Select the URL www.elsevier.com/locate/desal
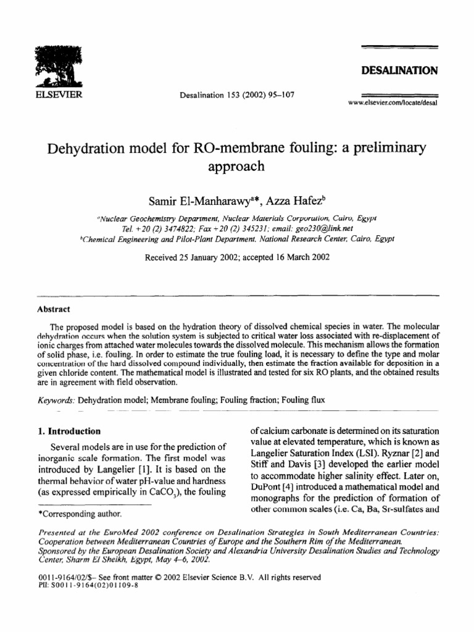[393, 103]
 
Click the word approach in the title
[236, 166]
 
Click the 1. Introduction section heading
[69, 431]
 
